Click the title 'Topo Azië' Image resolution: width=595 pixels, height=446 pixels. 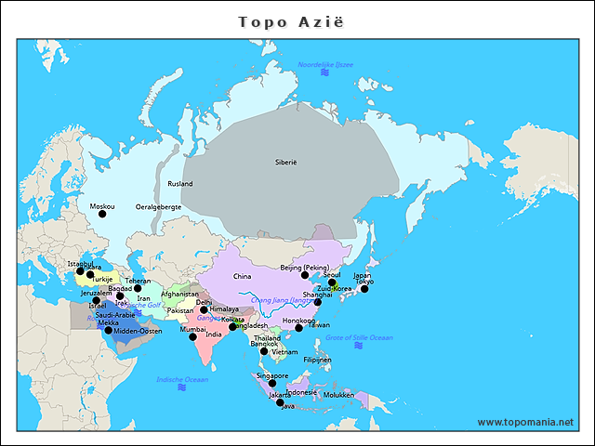coord(291,21)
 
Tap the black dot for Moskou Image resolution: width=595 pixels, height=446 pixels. coord(102,215)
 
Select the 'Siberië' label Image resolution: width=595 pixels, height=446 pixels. coord(285,162)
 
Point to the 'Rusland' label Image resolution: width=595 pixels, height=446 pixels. coord(180,184)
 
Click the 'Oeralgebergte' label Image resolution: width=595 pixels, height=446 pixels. coord(158,206)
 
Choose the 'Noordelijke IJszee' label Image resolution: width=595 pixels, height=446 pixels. coord(325,63)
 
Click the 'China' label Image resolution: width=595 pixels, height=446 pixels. coord(242,276)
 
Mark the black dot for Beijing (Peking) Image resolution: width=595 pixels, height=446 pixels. coord(305,275)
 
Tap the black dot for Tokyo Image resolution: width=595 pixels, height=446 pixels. coord(364,289)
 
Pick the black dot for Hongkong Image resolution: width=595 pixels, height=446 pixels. coord(298,328)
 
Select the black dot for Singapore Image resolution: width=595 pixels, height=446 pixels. coord(271,384)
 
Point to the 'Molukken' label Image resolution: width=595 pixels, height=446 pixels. coord(339,395)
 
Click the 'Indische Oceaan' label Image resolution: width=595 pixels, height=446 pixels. coord(182,379)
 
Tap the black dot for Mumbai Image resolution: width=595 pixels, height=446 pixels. coord(193,336)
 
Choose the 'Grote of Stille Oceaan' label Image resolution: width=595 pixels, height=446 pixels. coord(359,337)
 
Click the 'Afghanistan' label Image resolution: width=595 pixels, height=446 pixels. coord(179,294)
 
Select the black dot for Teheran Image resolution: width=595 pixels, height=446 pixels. coord(138,288)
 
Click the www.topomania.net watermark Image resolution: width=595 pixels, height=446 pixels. coord(525,422)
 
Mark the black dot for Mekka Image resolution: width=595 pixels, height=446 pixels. coord(108,331)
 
